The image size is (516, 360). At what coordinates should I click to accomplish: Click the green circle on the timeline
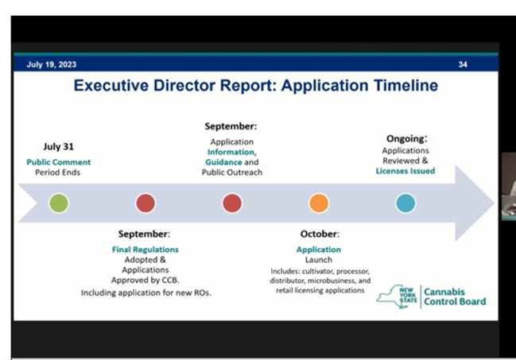[x=59, y=203]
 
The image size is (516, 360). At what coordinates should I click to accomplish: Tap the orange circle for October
[x=319, y=203]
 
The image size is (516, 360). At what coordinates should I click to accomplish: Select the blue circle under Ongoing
[x=405, y=203]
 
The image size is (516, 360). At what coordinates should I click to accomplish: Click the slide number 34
[x=463, y=64]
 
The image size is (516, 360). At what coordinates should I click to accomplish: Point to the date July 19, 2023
[x=52, y=64]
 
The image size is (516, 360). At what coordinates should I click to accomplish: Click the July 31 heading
[x=59, y=146]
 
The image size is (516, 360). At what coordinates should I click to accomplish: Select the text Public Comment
[x=59, y=162]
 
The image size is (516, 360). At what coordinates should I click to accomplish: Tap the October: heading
[x=320, y=234]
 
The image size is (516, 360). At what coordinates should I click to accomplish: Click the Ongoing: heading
[x=407, y=139]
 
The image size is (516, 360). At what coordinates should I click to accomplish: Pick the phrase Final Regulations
[x=145, y=250]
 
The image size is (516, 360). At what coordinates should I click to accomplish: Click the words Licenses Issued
[x=405, y=171]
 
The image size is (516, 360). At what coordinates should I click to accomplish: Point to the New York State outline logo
[x=397, y=296]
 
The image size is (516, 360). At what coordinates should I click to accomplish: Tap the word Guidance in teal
[x=223, y=162]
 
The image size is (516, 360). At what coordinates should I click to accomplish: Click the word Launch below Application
[x=319, y=260]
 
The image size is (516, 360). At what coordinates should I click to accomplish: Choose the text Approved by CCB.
[x=145, y=281]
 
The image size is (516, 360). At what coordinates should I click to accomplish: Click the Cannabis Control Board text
[x=455, y=296]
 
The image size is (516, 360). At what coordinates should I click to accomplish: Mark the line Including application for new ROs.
[x=145, y=293]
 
